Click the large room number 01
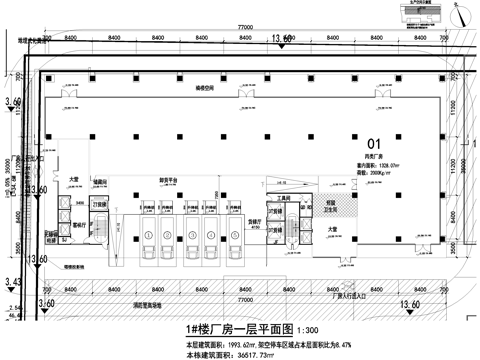point(375,144)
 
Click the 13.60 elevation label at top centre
point(282,38)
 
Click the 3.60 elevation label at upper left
point(13,102)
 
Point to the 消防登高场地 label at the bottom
point(158,305)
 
